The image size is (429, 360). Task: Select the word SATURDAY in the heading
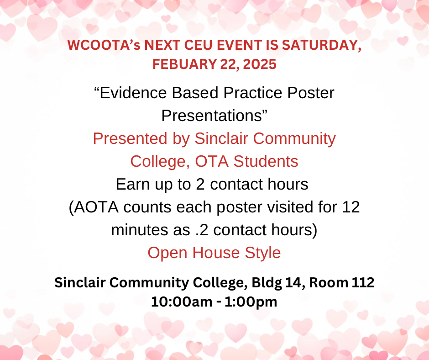tap(321, 46)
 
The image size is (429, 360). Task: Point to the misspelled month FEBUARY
tap(184, 64)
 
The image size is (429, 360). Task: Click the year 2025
tap(260, 64)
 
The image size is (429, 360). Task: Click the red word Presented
tap(130, 138)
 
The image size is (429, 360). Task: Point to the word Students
tap(266, 161)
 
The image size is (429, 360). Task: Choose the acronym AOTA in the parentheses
tap(96, 207)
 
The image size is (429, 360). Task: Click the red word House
tap(216, 253)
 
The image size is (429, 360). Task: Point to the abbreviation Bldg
tap(267, 283)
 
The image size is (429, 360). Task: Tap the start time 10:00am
tap(182, 302)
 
